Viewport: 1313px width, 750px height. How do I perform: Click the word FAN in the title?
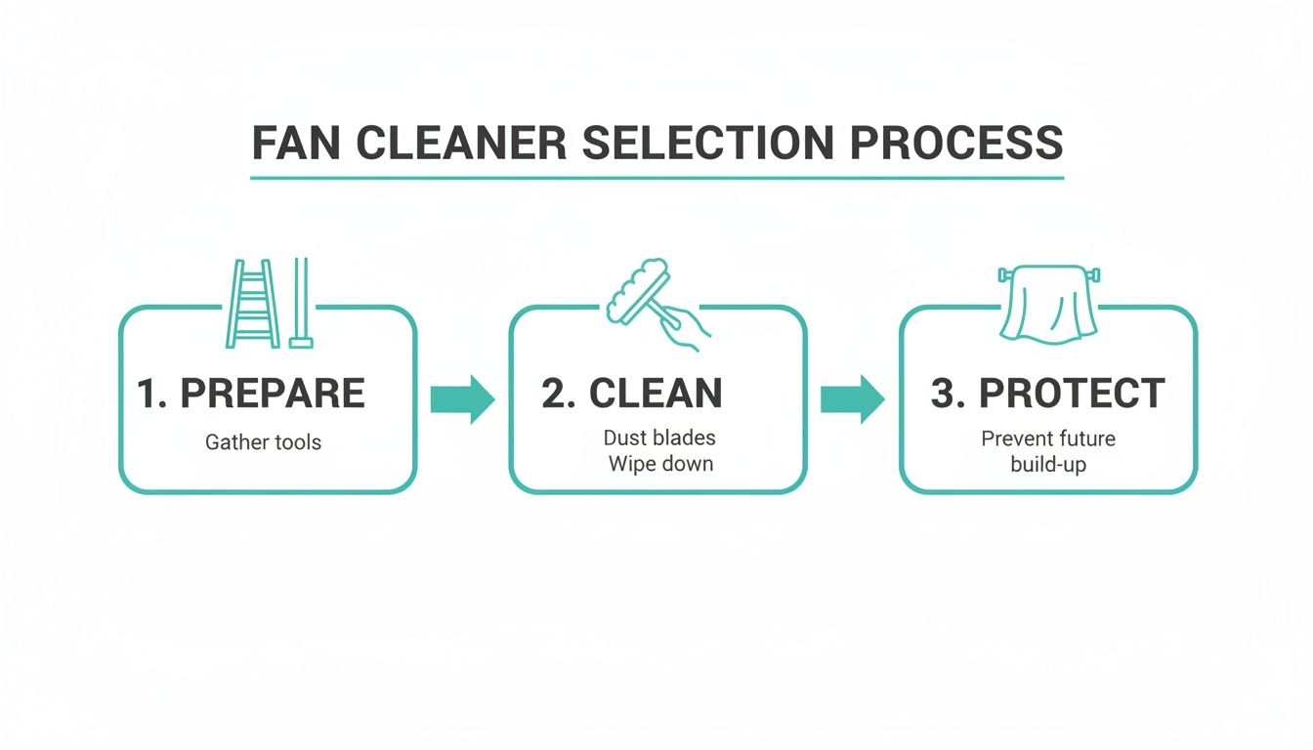(x=297, y=143)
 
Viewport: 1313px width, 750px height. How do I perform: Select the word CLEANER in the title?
(x=461, y=143)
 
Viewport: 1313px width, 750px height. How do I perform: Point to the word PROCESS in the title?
(x=956, y=143)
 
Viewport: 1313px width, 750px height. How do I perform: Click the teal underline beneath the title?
(x=656, y=178)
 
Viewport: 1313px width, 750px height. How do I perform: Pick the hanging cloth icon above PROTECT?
(x=1047, y=305)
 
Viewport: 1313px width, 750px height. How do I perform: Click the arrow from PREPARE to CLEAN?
(x=463, y=398)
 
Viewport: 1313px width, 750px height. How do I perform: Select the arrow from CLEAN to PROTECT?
(x=852, y=398)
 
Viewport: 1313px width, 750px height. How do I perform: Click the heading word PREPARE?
(x=273, y=394)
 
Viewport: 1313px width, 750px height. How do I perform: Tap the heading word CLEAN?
(x=656, y=394)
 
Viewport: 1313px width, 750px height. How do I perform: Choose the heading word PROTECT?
(x=1072, y=394)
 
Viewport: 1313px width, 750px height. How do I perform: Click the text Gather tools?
(x=263, y=442)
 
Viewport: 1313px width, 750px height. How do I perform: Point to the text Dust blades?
(x=658, y=438)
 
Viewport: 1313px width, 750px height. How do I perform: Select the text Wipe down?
(x=660, y=464)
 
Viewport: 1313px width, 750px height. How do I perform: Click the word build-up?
(x=1047, y=464)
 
